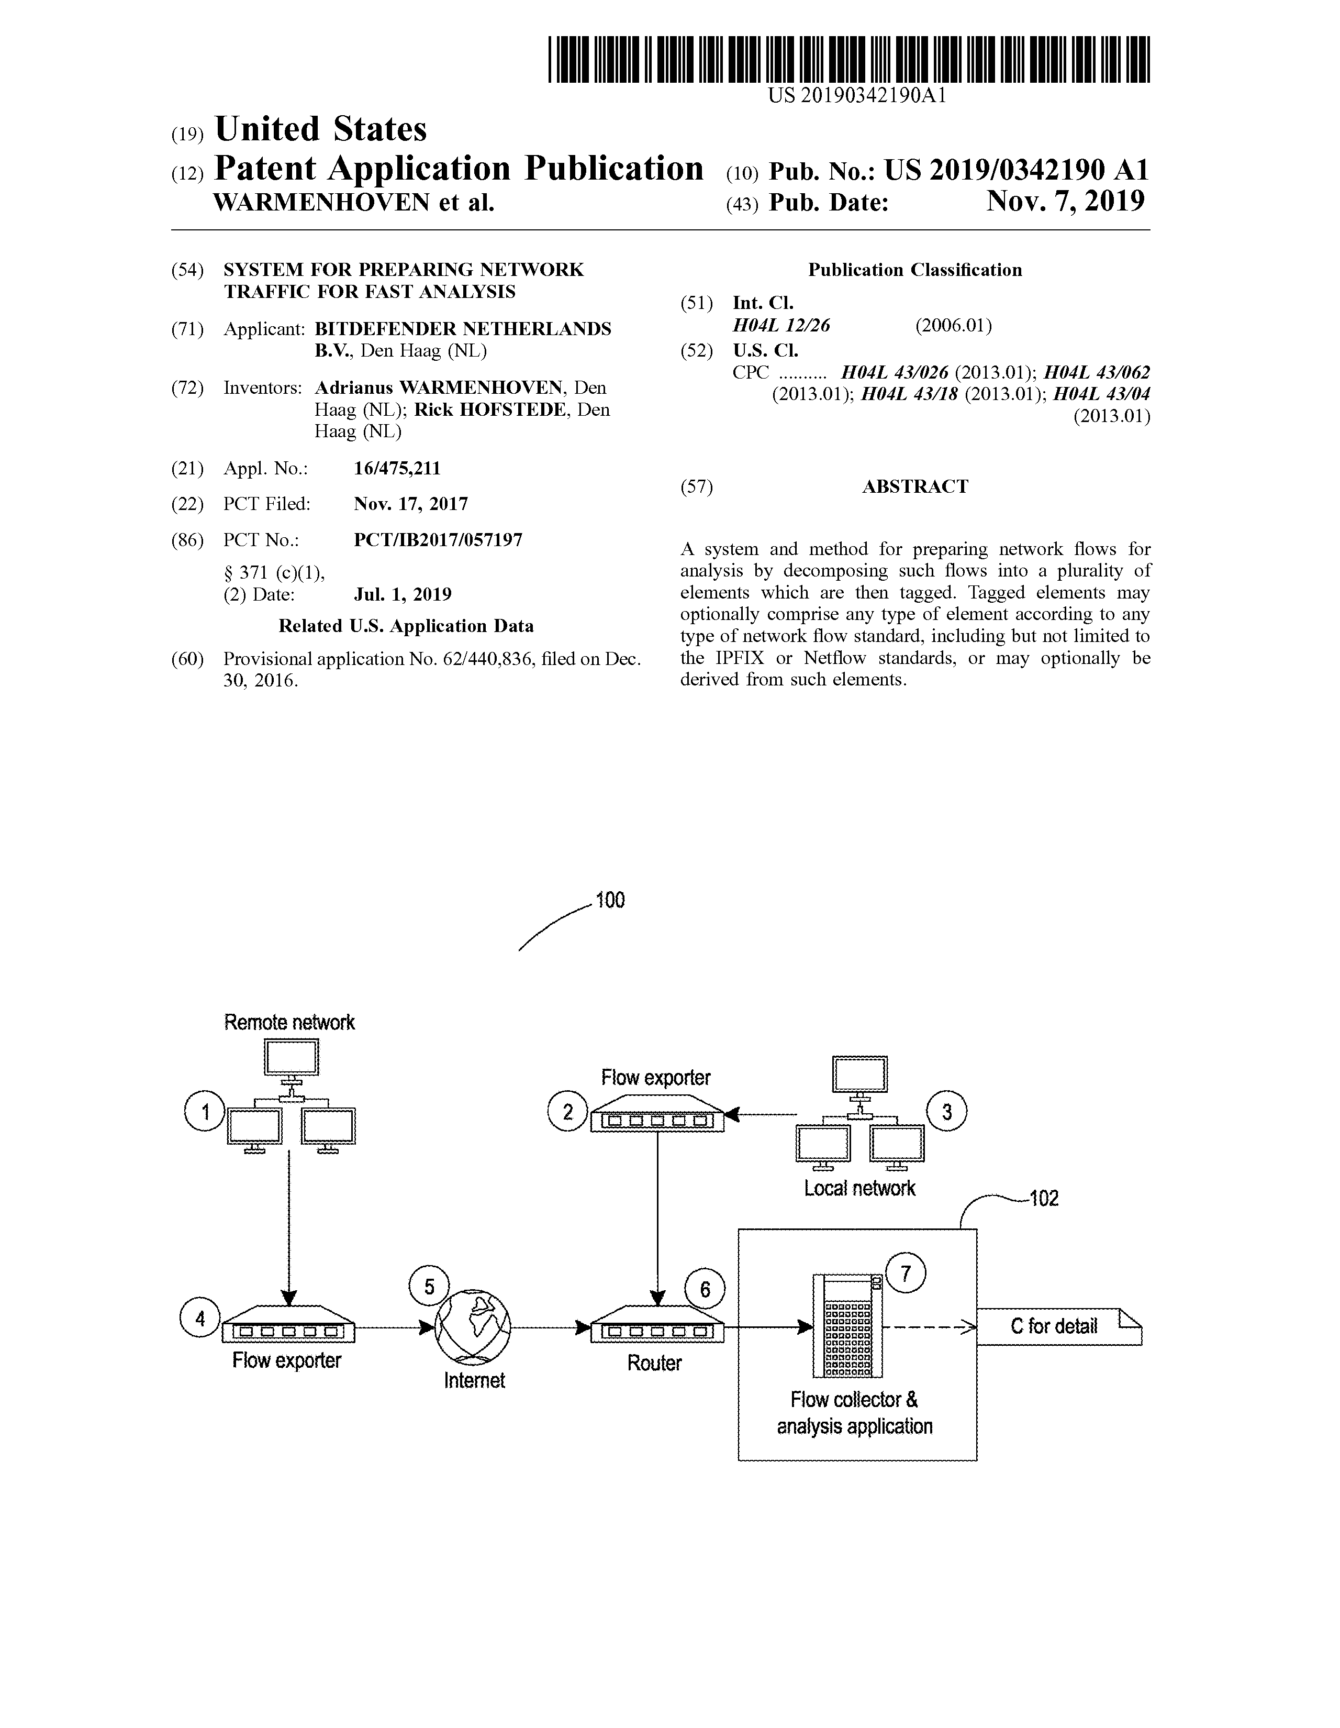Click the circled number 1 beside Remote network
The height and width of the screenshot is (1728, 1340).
(x=205, y=1112)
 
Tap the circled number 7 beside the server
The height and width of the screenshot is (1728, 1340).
(x=906, y=1273)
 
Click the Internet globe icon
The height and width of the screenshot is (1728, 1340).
(x=474, y=1328)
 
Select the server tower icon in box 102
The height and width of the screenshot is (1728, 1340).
(x=848, y=1326)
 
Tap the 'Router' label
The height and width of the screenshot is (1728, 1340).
(x=654, y=1363)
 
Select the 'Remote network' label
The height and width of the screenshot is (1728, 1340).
(x=289, y=1022)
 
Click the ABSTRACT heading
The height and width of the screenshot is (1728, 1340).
(x=914, y=486)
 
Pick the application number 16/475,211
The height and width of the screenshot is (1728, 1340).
(x=397, y=469)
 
